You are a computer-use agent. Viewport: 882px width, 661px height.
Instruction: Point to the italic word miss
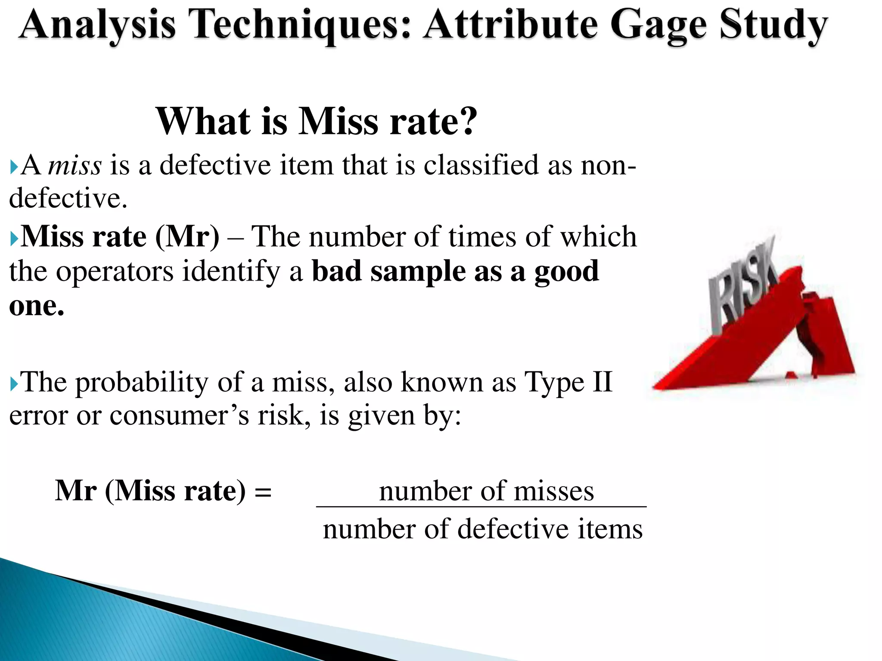(x=75, y=165)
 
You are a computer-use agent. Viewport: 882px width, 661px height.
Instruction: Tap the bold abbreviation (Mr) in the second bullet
(x=187, y=237)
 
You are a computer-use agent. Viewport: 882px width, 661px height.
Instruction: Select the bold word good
(x=567, y=272)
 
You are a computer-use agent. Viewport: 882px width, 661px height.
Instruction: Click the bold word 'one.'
(x=37, y=306)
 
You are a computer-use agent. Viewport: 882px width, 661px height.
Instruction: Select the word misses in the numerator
(x=554, y=491)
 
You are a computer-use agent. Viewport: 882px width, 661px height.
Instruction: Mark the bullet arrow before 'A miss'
(x=14, y=166)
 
